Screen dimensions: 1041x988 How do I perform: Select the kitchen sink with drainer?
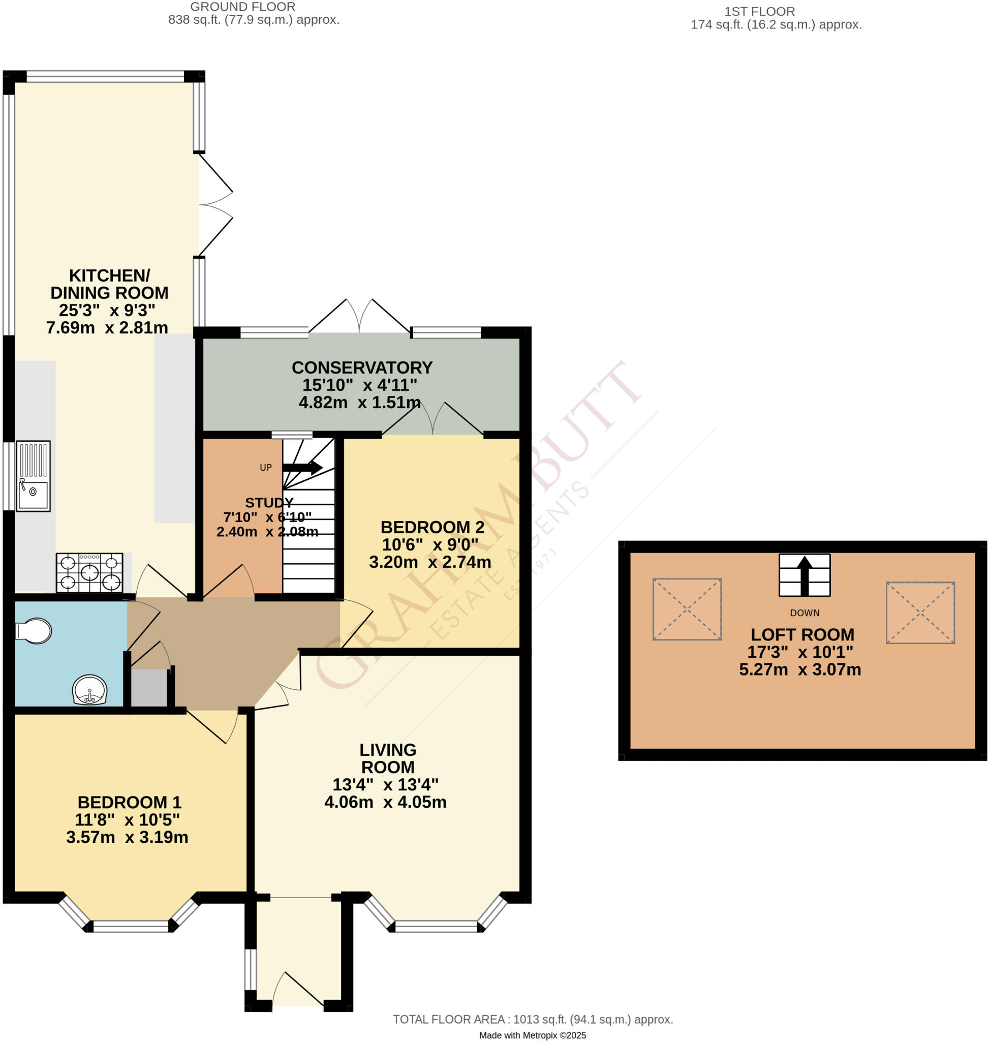[x=33, y=476]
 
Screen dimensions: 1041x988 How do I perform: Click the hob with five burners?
[x=89, y=573]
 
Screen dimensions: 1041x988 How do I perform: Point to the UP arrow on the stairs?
[x=303, y=467]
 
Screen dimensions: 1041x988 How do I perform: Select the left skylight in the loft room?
[x=687, y=609]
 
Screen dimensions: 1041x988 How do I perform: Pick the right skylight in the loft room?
[x=920, y=613]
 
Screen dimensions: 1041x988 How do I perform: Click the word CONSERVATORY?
[x=362, y=367]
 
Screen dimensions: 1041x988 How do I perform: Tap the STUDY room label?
[x=269, y=503]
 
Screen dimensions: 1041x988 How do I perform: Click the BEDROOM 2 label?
[x=432, y=527]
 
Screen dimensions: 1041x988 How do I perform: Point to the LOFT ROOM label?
[x=802, y=634]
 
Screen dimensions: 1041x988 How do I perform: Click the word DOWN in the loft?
[x=804, y=613]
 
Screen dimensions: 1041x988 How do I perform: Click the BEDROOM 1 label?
[x=129, y=802]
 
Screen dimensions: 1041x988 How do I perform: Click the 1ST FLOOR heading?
[x=759, y=12]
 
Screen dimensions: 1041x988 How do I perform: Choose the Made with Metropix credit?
[x=532, y=1035]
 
